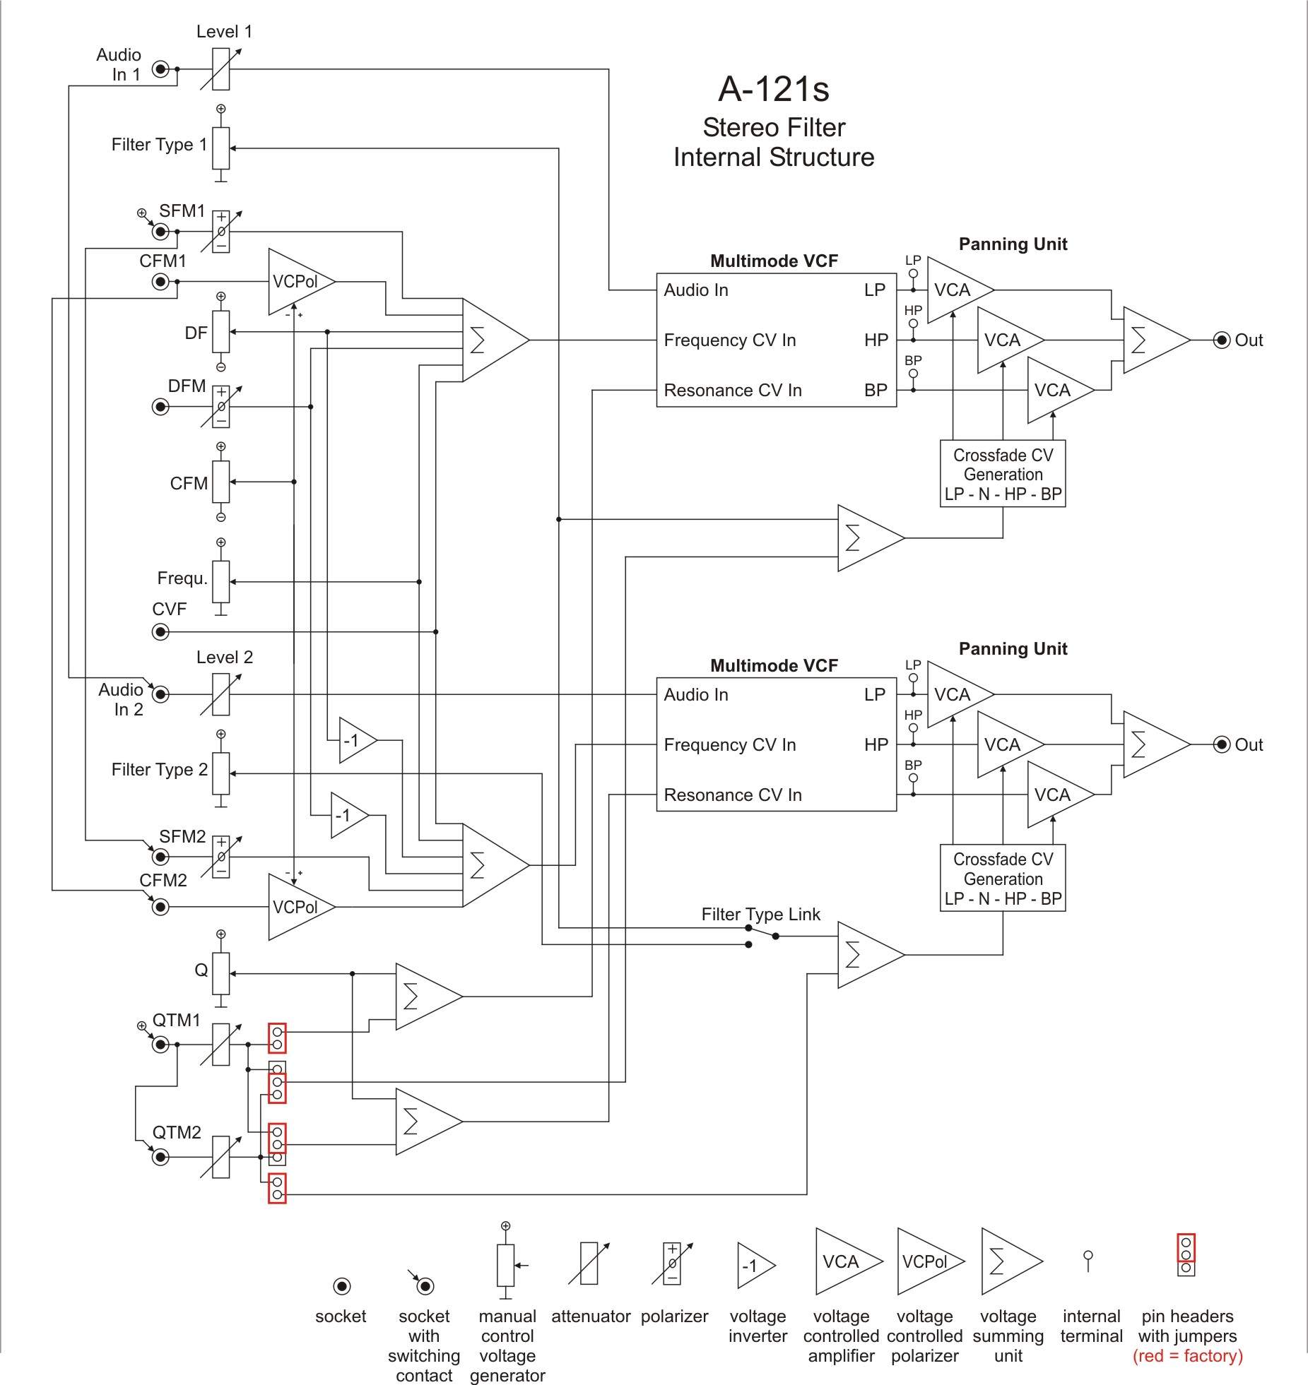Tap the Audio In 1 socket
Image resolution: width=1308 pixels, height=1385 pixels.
[x=161, y=69]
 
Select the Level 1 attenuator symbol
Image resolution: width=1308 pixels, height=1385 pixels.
[x=221, y=69]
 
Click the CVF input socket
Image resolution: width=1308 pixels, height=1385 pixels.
[x=161, y=631]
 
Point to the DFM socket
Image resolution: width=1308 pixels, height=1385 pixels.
[x=161, y=407]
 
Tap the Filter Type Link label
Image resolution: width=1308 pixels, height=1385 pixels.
[x=760, y=914]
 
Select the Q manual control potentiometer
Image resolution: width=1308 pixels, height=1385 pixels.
[x=221, y=973]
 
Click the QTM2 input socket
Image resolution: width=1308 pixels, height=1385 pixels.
[x=161, y=1157]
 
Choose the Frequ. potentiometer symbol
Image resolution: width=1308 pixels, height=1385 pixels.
[x=221, y=581]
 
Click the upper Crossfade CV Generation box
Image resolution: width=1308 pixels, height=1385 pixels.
[x=1003, y=474]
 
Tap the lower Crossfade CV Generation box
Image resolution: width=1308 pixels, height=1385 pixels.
[x=1003, y=879]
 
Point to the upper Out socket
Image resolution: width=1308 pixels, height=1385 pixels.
[x=1222, y=340]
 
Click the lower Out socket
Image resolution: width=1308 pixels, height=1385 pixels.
[x=1222, y=744]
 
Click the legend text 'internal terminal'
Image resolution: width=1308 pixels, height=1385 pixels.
[x=1091, y=1326]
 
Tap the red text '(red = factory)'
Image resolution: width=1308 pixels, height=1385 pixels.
[x=1187, y=1355]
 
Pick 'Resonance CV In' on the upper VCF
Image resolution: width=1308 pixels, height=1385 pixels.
[x=733, y=391]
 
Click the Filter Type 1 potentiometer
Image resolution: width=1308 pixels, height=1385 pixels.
[x=221, y=148]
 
